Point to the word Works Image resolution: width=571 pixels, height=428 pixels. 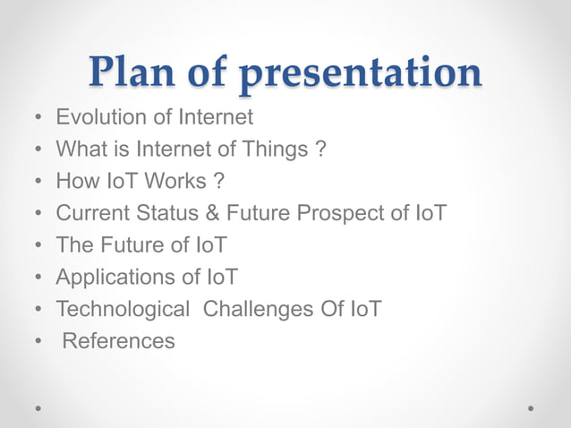point(176,181)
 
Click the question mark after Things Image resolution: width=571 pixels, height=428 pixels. point(319,149)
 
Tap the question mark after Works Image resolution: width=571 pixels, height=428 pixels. point(218,181)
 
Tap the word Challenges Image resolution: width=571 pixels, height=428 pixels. point(260,310)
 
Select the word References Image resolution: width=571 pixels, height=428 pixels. point(118,341)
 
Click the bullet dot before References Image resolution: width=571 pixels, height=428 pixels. point(38,342)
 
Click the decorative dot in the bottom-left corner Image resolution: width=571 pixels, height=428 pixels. point(38,407)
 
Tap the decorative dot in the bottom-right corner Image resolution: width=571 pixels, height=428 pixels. point(532,407)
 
